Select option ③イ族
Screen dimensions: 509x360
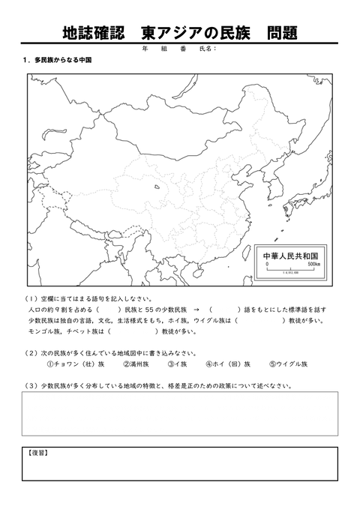point(177,364)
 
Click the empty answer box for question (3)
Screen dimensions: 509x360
point(179,412)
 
